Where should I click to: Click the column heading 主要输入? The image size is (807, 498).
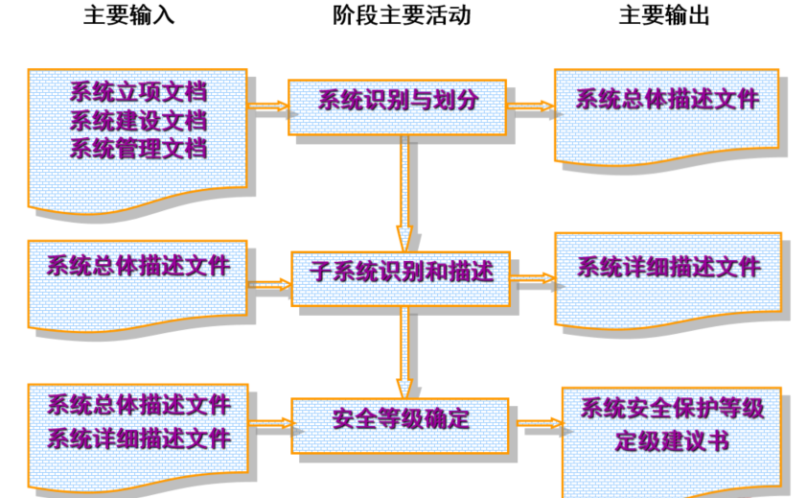[x=128, y=16]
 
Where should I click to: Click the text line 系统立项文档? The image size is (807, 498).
[x=138, y=94]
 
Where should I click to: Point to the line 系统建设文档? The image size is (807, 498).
[x=138, y=122]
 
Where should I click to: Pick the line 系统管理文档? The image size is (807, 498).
[x=138, y=149]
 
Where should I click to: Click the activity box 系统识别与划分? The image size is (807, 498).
[x=397, y=102]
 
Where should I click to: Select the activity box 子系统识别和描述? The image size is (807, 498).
[x=401, y=273]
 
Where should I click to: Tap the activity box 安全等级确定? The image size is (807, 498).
[x=401, y=419]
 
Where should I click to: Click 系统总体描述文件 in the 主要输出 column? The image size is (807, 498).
[x=667, y=99]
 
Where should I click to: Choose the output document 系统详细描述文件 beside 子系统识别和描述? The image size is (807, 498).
[x=668, y=267]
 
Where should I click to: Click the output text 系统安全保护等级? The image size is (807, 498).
[x=672, y=409]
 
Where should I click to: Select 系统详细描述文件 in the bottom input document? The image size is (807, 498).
[x=139, y=439]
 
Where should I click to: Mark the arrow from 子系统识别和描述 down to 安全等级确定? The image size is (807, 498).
[x=405, y=350]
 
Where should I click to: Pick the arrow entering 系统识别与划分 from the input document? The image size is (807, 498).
[x=268, y=107]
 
